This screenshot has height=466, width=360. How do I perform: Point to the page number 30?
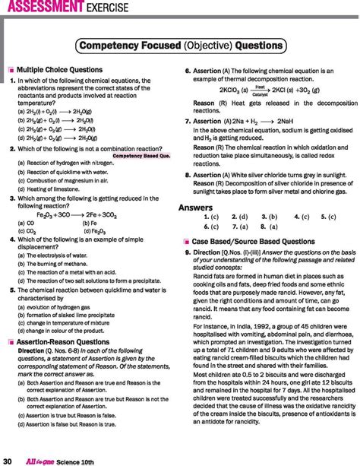pos(8,459)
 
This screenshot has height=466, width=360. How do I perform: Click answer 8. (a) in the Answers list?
pos(269,227)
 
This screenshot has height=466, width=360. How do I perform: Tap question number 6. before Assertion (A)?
pos(188,70)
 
